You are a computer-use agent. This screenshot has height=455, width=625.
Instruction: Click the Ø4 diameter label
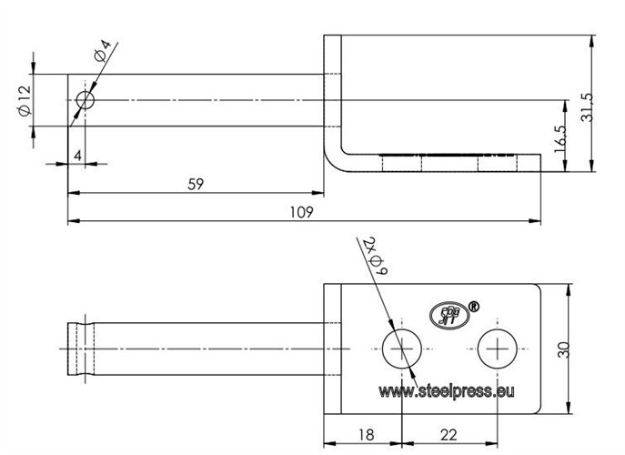[102, 51]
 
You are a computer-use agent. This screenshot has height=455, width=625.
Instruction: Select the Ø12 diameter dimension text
[25, 100]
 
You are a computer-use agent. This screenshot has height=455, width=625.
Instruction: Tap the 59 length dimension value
[196, 184]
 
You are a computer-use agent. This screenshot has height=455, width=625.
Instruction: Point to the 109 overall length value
[302, 212]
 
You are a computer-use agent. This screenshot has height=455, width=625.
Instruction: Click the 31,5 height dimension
[587, 106]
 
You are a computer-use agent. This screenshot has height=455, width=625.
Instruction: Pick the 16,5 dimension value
[559, 138]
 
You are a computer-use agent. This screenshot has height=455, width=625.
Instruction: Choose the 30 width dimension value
[564, 349]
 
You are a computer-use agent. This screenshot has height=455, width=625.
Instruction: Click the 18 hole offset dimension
[366, 435]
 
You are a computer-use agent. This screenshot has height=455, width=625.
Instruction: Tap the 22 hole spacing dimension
[449, 435]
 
